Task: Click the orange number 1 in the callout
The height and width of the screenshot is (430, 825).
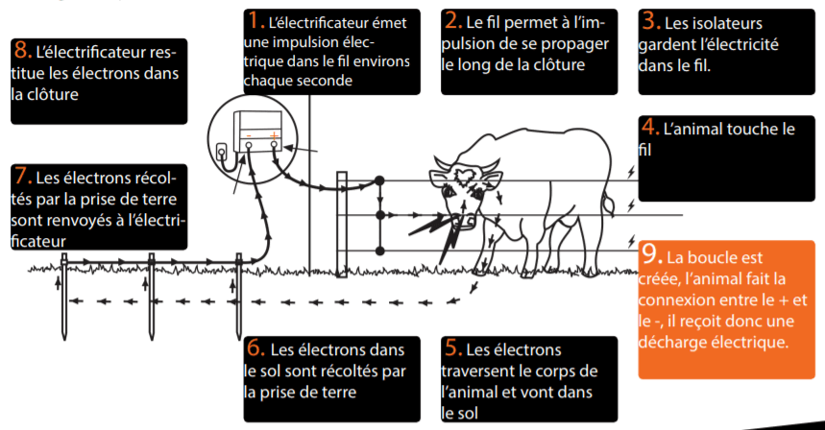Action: tap(255, 19)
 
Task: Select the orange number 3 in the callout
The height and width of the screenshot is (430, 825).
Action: tap(648, 19)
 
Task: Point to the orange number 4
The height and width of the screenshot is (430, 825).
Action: tap(648, 126)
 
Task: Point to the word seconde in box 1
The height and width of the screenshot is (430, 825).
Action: tap(323, 81)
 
